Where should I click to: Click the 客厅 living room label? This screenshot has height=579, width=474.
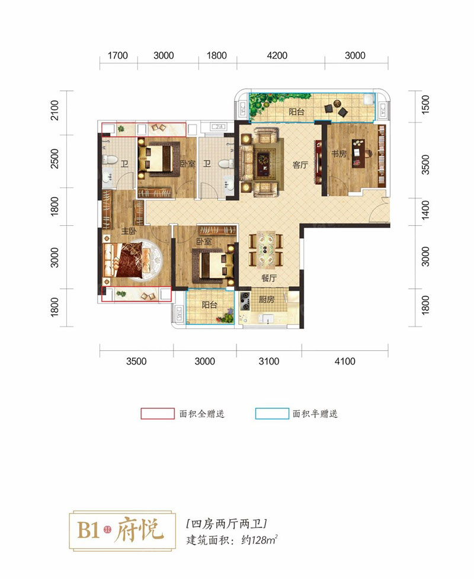(300, 165)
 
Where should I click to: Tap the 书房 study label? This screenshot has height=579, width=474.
(338, 153)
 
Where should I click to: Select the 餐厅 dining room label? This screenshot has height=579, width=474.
(269, 278)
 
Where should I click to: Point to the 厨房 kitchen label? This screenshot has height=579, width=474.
(266, 299)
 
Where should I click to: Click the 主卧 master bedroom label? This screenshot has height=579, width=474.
(129, 231)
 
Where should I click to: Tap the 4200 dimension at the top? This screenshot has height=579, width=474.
(277, 55)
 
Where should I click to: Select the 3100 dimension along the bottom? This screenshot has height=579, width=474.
(269, 361)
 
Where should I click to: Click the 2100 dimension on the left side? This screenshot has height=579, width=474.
(55, 110)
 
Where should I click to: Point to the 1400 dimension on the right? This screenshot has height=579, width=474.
(425, 210)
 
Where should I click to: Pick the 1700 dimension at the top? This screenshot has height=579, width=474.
(117, 55)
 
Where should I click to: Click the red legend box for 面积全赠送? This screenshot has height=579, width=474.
(158, 414)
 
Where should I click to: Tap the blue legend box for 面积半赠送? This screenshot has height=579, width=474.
(272, 414)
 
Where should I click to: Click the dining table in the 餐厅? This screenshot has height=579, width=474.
(266, 249)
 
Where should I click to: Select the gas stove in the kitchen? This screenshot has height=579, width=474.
(245, 301)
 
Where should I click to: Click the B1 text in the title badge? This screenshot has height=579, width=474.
(88, 530)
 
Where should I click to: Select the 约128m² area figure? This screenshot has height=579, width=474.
(259, 540)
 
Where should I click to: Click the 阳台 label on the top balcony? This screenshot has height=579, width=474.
(296, 111)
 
